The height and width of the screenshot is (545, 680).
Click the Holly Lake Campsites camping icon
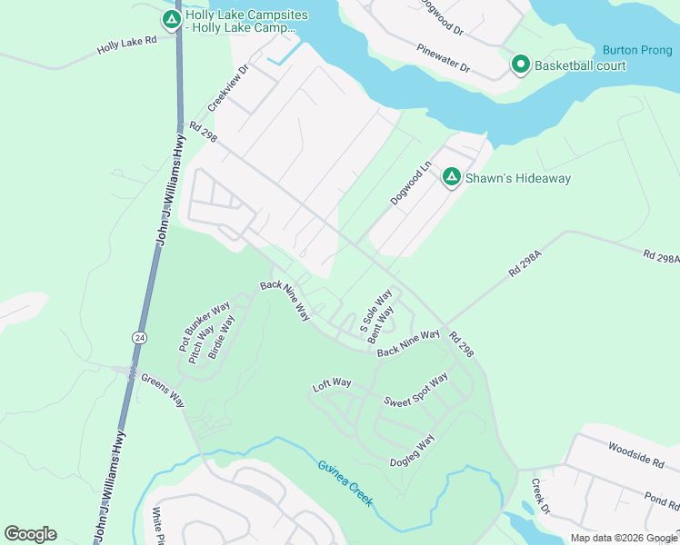point(171,19)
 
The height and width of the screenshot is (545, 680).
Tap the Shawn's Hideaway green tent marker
point(451,177)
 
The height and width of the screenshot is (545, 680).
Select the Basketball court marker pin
point(521,64)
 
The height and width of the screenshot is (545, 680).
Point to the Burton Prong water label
point(636,50)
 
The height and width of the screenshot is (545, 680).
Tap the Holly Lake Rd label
point(126,45)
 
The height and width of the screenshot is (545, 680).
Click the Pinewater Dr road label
point(443,58)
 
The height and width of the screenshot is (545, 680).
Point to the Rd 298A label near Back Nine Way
point(525,264)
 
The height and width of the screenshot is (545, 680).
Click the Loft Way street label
point(332,383)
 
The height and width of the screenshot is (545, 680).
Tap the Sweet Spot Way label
point(415,390)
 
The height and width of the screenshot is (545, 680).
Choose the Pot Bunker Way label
point(193,326)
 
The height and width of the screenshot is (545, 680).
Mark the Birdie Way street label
point(221,338)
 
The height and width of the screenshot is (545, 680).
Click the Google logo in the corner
point(30,534)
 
